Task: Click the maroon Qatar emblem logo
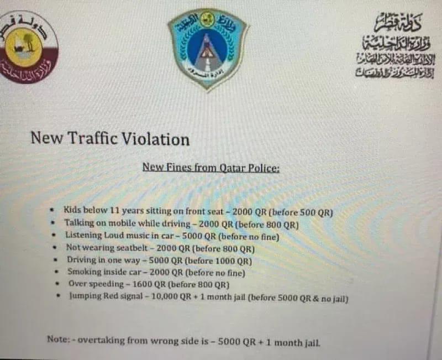28,47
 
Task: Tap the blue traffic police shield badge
208,47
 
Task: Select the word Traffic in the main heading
91,138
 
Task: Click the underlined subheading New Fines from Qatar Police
211,167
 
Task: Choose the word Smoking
85,272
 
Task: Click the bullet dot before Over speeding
58,284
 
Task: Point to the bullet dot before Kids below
52,211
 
